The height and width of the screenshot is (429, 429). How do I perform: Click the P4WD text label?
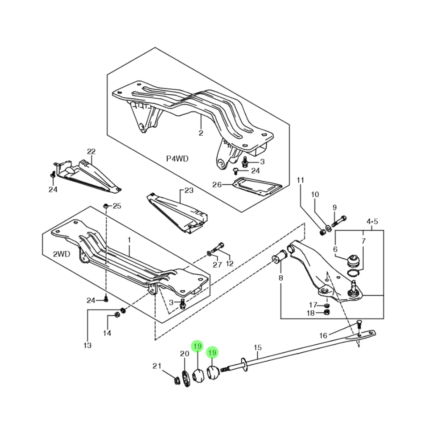[x=177, y=159]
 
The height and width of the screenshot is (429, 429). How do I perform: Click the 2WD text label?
[x=61, y=254]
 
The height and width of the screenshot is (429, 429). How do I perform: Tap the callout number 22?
[x=91, y=151]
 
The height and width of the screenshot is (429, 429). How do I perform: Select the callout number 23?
[x=189, y=190]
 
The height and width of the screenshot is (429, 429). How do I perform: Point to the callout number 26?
[x=217, y=185]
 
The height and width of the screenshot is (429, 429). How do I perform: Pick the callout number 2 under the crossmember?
[x=201, y=133]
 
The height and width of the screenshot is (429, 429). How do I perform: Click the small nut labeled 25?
[x=105, y=206]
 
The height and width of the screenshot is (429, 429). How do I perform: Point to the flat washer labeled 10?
[x=328, y=228]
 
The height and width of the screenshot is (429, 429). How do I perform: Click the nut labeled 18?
[x=327, y=312]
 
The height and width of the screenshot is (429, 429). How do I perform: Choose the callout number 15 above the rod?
[x=258, y=347]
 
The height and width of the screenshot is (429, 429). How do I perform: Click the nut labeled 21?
[x=176, y=380]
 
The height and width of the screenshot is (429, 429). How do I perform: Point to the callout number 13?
[x=87, y=345]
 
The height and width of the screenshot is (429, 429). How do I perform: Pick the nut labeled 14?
[x=117, y=314]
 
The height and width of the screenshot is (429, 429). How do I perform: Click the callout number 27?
[x=217, y=265]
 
